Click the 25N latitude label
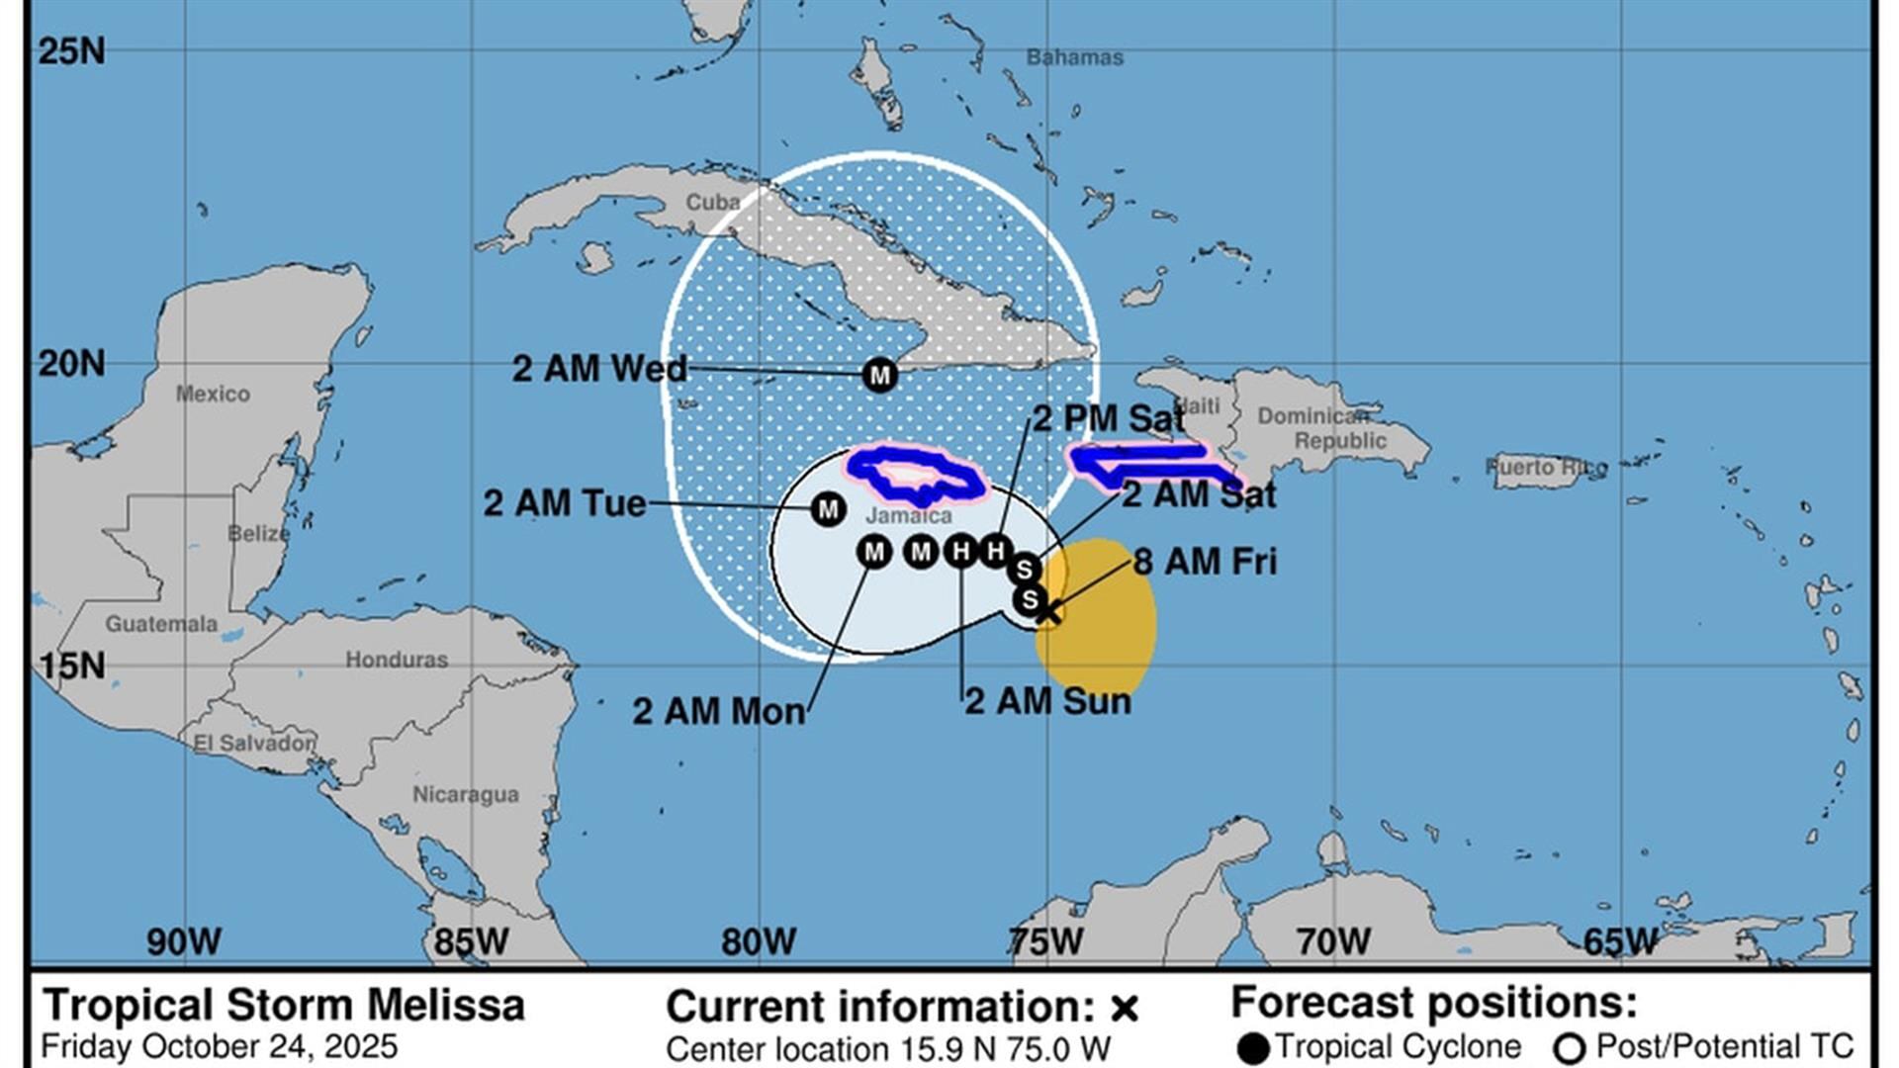[71, 50]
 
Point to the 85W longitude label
[471, 941]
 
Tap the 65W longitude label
[1619, 941]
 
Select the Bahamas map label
[1074, 57]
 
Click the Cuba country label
[712, 202]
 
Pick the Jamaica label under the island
[908, 515]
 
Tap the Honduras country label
[396, 659]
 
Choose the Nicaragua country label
[465, 794]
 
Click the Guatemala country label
[161, 624]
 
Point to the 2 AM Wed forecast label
[598, 369]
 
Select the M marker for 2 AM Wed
[879, 375]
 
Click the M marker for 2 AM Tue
[828, 509]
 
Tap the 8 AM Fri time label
[1205, 562]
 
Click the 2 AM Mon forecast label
[718, 711]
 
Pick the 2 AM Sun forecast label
[1047, 701]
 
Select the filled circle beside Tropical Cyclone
[1253, 1049]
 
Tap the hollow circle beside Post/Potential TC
[1570, 1049]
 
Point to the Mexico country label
[213, 394]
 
